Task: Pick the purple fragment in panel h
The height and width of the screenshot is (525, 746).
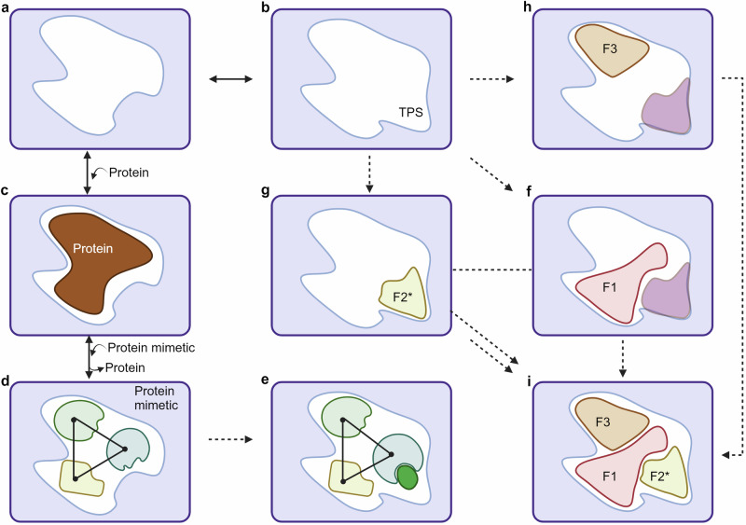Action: tap(668, 108)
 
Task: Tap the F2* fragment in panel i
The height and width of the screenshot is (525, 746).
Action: tap(663, 475)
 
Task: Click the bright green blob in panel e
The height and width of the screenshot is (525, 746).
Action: tap(406, 476)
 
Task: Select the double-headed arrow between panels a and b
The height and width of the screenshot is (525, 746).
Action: tap(230, 80)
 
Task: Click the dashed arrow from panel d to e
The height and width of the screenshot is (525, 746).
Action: tap(230, 439)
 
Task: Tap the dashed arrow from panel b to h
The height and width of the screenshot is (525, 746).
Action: tap(490, 80)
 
